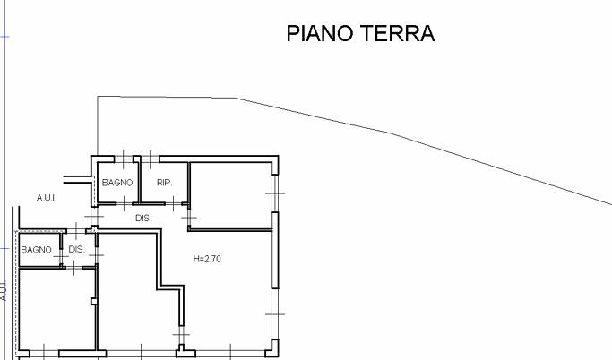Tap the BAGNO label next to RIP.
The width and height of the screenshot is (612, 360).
pos(116,183)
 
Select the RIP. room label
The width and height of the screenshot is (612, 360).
pos(164,183)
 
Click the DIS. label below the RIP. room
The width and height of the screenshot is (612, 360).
pos(142,218)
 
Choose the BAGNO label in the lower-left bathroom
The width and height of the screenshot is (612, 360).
pos(37,250)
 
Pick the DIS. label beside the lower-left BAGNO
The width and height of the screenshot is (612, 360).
pos(76,250)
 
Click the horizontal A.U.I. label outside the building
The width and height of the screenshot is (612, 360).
pos(47,197)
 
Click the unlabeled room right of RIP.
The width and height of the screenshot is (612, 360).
pos(231,193)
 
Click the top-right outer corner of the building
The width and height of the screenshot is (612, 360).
pos(279,158)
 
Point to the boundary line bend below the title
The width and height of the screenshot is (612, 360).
pos(390,133)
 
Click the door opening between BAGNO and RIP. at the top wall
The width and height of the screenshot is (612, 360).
pos(137,160)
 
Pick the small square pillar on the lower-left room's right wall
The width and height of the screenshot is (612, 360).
pos(94,301)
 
